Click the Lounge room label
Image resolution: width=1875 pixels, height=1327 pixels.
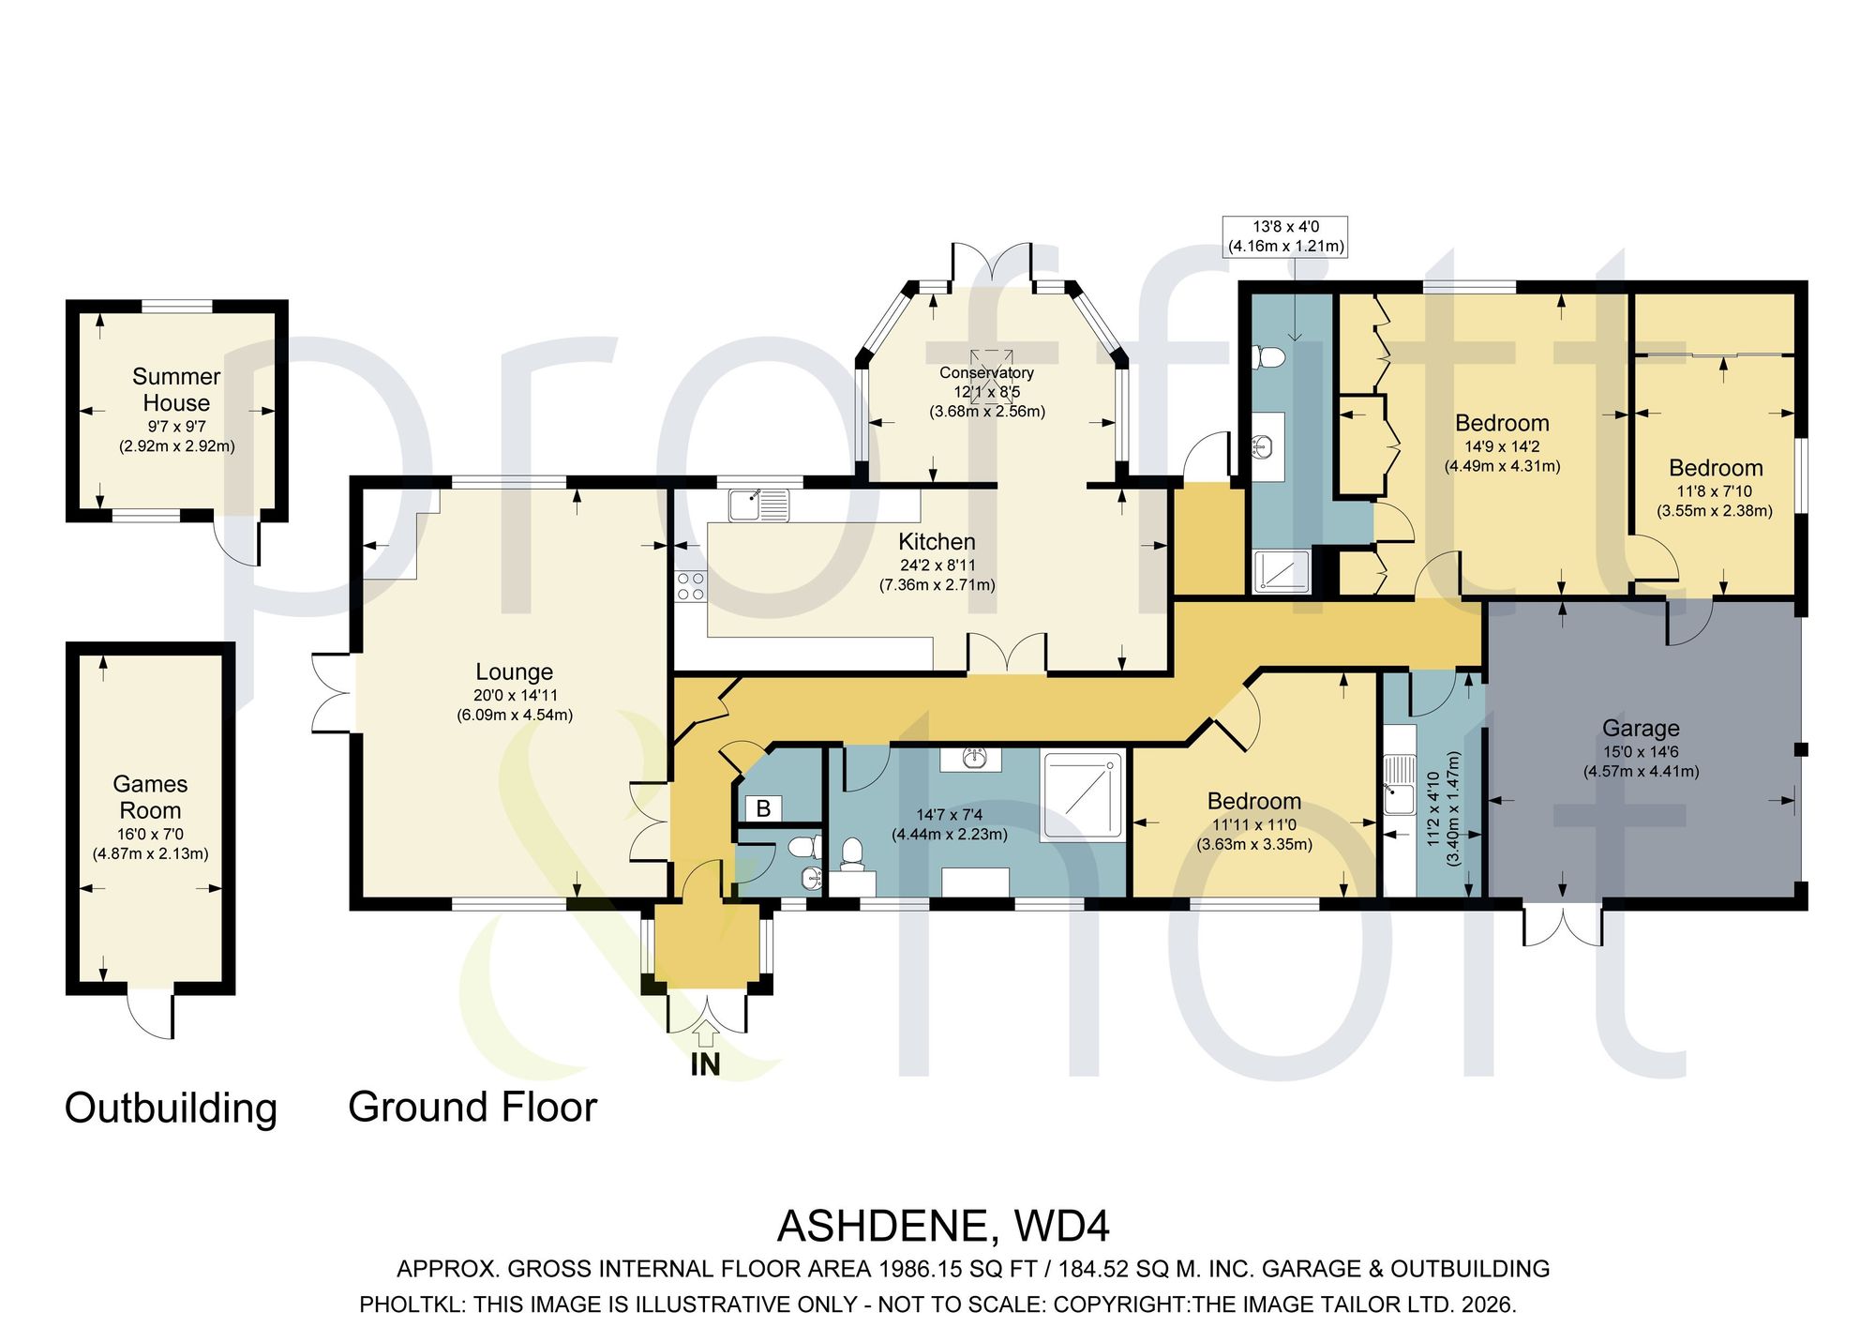coord(514,671)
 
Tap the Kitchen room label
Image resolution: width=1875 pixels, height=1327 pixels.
coord(937,542)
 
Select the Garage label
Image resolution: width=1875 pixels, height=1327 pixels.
coord(1641,729)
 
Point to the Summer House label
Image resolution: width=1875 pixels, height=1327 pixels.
coord(176,389)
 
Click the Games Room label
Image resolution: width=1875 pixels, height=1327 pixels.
coord(150,797)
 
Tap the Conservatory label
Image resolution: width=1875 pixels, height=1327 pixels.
coord(986,373)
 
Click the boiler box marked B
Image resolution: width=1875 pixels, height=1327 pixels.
coord(763,808)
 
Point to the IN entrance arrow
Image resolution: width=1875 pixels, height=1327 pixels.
coord(706,1033)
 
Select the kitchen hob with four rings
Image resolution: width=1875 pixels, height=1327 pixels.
coord(690,586)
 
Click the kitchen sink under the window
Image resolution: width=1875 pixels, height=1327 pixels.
coord(759,505)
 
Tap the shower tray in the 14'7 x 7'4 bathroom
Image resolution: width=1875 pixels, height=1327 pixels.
coord(1084,795)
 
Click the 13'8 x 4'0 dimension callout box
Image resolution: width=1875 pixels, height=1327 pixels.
coord(1286,236)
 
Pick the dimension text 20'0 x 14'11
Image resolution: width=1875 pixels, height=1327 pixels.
coord(515,696)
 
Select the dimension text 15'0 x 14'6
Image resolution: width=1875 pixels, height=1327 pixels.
coord(1642,752)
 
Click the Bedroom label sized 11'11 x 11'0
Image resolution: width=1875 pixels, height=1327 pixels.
coord(1254,802)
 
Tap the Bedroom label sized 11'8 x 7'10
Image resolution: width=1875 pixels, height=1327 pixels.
coord(1716,468)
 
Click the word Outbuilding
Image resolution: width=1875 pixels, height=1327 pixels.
coord(171,1108)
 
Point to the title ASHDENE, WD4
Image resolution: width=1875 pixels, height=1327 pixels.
coord(944,1227)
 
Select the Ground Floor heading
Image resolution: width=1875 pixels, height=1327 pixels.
coord(472,1108)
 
